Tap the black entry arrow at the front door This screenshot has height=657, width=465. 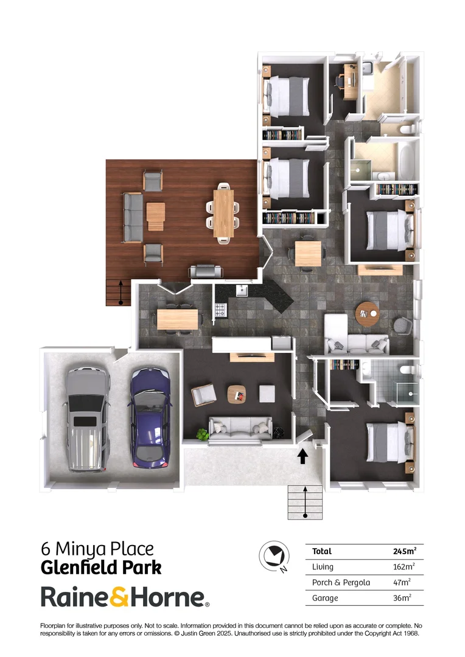(302, 456)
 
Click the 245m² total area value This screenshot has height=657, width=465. (405, 552)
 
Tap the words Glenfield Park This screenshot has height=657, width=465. (101, 568)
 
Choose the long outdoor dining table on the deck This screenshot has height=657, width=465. (223, 213)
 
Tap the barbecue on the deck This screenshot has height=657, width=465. (202, 272)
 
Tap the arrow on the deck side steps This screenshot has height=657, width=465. (121, 292)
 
